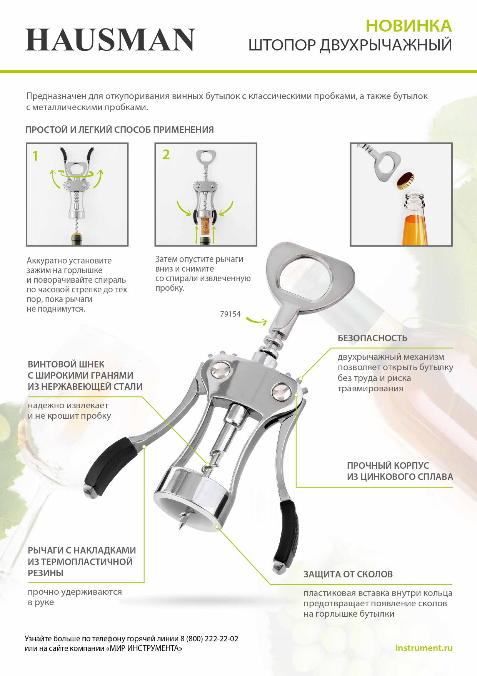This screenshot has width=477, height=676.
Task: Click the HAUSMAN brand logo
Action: tap(110, 40)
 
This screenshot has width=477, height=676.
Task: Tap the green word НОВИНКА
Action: tap(409, 26)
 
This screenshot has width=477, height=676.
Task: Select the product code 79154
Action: tap(230, 314)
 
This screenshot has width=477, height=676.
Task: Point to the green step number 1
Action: tap(35, 156)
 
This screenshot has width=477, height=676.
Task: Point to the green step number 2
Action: tap(166, 154)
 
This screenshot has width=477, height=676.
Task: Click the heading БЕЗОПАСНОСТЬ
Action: tap(372, 338)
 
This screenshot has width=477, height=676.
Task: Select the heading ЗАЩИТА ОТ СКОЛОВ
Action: tap(348, 574)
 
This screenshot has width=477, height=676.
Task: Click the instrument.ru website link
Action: tap(424, 648)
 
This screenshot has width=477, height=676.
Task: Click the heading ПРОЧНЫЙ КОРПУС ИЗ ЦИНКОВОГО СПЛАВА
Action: tap(400, 471)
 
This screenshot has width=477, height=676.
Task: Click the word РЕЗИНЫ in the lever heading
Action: tap(45, 573)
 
